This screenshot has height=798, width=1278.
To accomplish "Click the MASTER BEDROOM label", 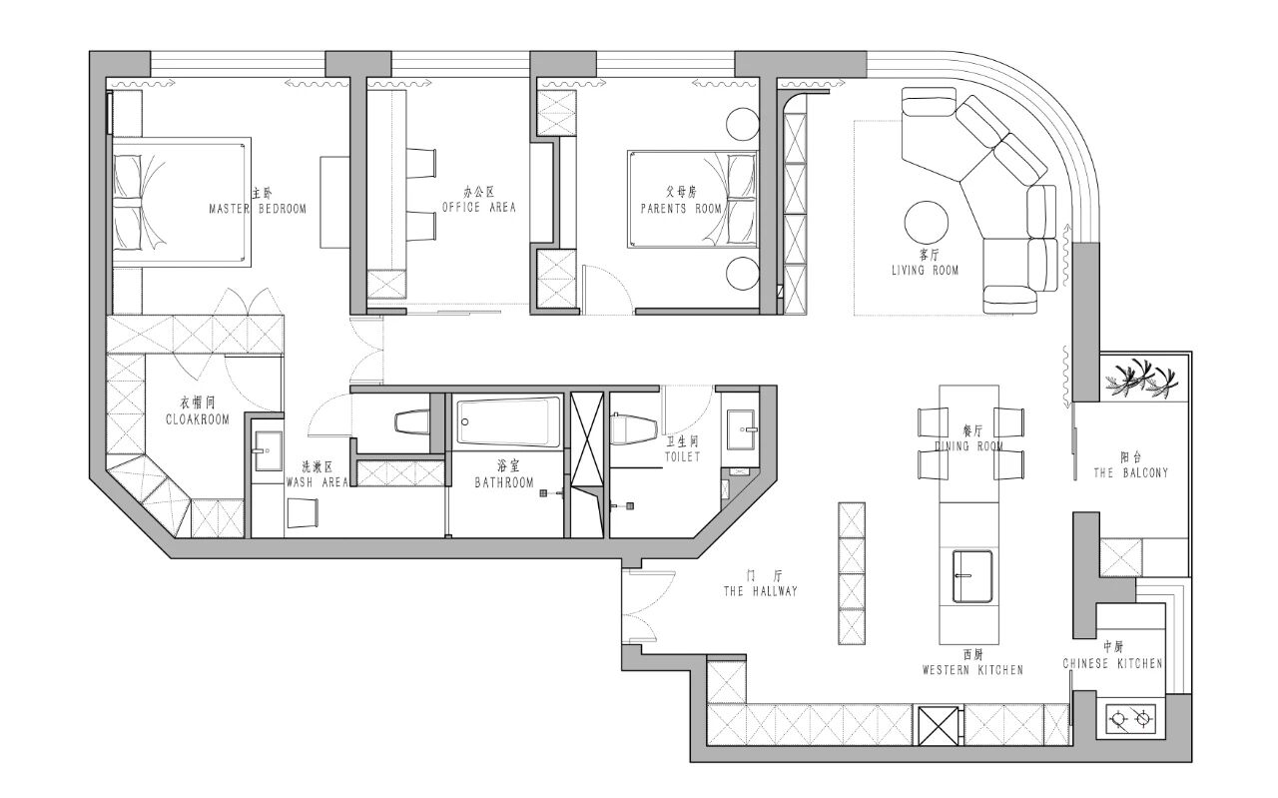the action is pos(258,209).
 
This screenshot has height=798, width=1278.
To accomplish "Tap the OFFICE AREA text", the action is pos(479,207).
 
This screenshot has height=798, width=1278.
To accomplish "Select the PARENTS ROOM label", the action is pos(681,209).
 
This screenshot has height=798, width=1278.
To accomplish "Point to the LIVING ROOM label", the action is pos(925,270).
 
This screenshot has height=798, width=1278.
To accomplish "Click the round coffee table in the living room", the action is pos(927,223).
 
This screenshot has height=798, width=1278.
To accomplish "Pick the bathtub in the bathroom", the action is pos(508,421).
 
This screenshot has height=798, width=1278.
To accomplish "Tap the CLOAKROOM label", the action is pos(198,419).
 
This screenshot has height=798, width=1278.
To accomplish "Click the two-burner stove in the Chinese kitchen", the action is pos(1132,720).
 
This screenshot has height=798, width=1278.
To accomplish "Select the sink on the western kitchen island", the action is pos(972,576).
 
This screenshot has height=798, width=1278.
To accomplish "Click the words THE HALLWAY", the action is pos(760,591).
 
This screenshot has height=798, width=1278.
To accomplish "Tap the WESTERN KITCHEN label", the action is pos(972,669).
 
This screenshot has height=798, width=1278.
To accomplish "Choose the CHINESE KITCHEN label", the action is pos(1112,663).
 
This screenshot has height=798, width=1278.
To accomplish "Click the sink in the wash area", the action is pos(268,451).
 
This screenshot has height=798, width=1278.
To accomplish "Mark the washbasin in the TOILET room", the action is pos(742,429).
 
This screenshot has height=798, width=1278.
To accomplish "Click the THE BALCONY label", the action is pos(1131,472).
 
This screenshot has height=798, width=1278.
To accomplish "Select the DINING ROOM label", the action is pos(968,445).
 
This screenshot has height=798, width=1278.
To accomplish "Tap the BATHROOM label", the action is pos(504,483).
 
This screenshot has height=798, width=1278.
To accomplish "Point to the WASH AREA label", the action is pos(318,482).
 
